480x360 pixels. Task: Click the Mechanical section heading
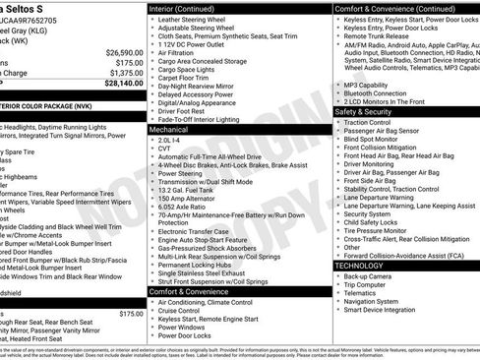(x=169, y=129)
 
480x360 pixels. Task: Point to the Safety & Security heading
(x=370, y=112)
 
